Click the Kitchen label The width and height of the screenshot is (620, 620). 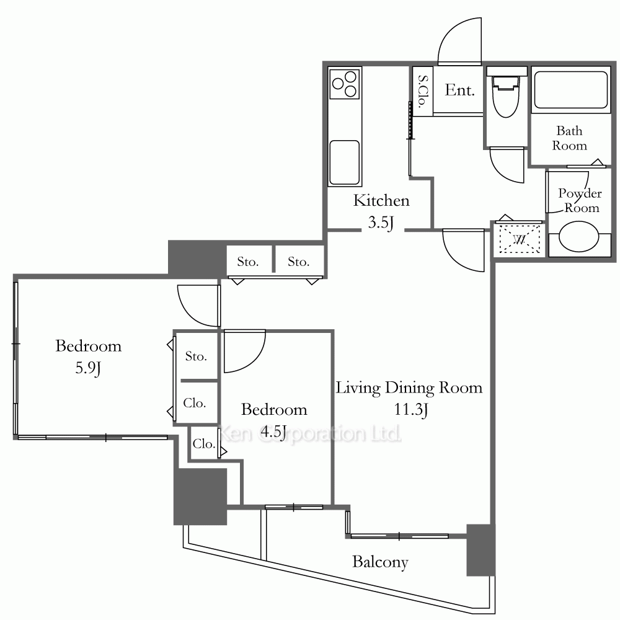click(x=381, y=200)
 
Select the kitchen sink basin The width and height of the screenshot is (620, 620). click(x=344, y=162)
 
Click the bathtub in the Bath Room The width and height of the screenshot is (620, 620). click(x=570, y=90)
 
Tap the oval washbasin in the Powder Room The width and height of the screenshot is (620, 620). click(x=578, y=236)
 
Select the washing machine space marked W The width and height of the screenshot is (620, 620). click(x=520, y=239)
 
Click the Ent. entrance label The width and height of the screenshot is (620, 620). click(x=459, y=90)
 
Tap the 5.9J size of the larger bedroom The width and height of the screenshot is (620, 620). click(x=88, y=368)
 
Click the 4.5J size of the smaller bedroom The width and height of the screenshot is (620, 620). click(x=273, y=432)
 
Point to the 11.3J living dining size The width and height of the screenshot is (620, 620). click(x=411, y=409)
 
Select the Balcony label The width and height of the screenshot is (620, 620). click(x=381, y=562)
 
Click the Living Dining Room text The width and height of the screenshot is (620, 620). click(x=409, y=388)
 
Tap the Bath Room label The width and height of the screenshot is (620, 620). click(x=569, y=138)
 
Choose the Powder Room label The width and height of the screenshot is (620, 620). click(x=580, y=200)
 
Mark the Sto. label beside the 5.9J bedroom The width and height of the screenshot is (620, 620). click(x=196, y=356)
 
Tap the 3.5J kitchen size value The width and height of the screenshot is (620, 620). click(x=381, y=223)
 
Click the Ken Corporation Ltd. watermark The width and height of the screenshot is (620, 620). click(x=310, y=434)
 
